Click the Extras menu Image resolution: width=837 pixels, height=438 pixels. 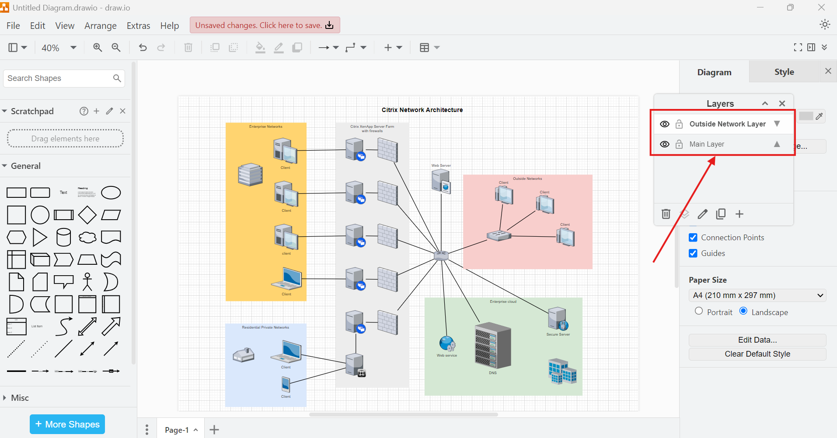pos(138,26)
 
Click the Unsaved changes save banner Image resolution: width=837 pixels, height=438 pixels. pos(265,25)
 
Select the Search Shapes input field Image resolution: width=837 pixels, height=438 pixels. pos(59,78)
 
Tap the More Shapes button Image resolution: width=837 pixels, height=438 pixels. pos(67,424)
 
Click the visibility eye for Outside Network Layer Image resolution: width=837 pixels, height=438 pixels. pos(664,124)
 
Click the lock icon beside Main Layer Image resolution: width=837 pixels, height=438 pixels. pos(679,144)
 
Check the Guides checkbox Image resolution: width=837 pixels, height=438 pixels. pos(693,253)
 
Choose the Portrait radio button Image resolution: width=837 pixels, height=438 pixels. pos(699,311)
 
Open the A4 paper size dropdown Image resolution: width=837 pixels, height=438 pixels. pos(757,295)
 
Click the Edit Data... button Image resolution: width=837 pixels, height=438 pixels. pos(757,340)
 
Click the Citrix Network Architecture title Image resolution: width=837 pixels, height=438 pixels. pos(422,110)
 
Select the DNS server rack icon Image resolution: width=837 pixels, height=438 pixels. pos(493,346)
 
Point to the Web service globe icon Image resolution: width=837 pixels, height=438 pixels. pos(447,344)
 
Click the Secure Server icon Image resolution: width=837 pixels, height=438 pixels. pos(558,319)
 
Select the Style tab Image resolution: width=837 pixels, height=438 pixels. pos(784,72)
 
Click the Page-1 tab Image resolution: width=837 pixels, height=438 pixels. pos(177,430)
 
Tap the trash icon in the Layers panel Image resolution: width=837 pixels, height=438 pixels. pos(666,214)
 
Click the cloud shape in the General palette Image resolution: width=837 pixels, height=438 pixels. pos(87,238)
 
